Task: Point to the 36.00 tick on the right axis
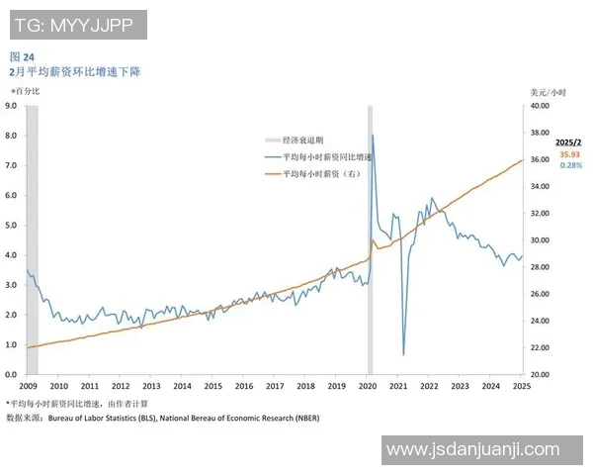coord(539,159)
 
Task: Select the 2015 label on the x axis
coord(212,387)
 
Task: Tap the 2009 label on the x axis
coord(28,387)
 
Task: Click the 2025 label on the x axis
coord(522,387)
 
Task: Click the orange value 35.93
coord(569,154)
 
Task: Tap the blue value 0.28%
coord(570,165)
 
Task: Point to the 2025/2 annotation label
coord(569,142)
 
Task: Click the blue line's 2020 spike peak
coord(372,136)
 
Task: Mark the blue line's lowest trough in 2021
coord(403,353)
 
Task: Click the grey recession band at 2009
coord(32,237)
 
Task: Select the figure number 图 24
coord(22,57)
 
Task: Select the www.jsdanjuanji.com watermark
coord(472,449)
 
